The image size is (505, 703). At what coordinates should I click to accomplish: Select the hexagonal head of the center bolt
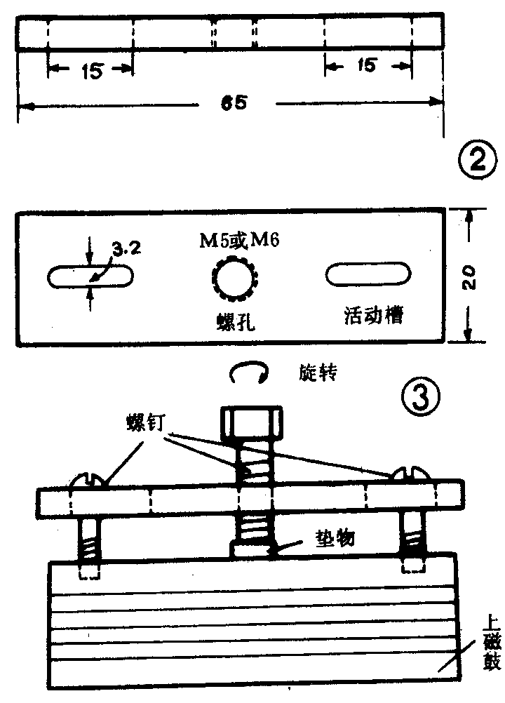[x=251, y=424]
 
